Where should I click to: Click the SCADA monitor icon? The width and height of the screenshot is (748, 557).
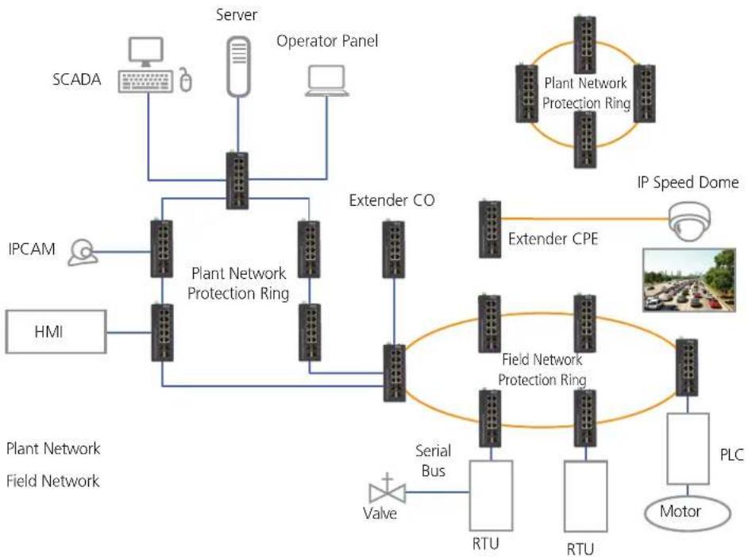pos(146,52)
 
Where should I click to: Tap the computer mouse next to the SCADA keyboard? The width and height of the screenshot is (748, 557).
pos(186,79)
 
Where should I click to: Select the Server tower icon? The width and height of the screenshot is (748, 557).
pos(238,66)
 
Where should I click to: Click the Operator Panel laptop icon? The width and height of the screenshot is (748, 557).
pos(327,81)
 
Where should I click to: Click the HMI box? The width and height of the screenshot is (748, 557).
pos(56,331)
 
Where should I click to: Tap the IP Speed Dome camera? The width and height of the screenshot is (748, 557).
pos(689,221)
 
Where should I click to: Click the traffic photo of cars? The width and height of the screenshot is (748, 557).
pos(689,280)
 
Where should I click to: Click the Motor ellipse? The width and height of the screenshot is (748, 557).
pos(688,513)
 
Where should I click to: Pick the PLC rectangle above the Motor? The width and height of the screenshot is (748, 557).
pos(688,449)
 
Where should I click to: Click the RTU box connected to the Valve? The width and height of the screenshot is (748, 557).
pos(491,495)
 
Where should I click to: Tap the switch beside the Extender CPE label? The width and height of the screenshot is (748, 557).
pos(490,230)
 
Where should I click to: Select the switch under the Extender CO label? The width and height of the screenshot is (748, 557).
pos(394,249)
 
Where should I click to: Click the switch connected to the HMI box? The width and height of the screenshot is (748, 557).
pos(162,332)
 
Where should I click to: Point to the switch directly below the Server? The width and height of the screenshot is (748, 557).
pos(237,180)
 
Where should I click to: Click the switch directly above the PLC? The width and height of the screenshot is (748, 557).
pos(687,367)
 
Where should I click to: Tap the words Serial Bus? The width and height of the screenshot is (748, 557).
pos(433,461)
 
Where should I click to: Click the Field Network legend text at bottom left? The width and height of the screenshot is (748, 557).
pos(53,481)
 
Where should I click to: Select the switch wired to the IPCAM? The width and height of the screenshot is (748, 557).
pos(162,249)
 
